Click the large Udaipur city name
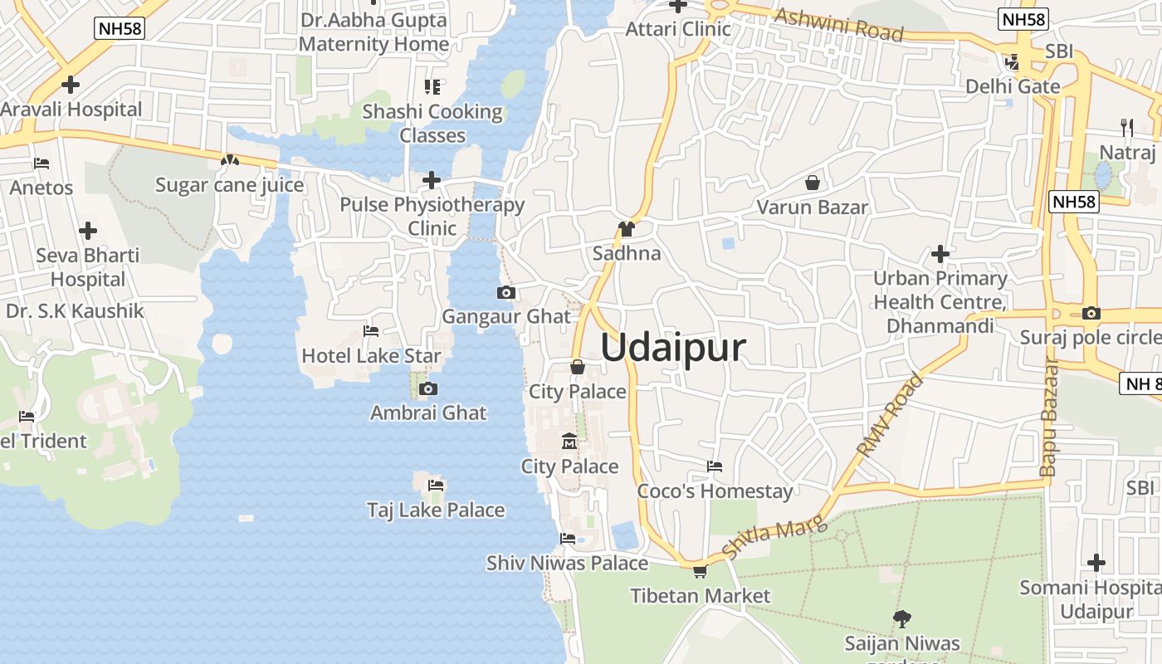[673, 348]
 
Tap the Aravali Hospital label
[71, 109]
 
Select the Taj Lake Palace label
[436, 510]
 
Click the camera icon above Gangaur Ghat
[505, 292]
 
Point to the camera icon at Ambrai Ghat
[428, 388]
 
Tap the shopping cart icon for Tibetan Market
[700, 571]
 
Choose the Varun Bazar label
[812, 207]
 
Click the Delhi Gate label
[1013, 86]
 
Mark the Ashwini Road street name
[838, 25]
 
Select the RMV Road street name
[890, 415]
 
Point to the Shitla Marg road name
[775, 536]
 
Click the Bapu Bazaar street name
[1048, 419]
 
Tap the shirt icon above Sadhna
[626, 229]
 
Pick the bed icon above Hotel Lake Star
[371, 331]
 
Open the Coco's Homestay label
[715, 491]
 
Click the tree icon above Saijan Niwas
[901, 618]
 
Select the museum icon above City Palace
[569, 441]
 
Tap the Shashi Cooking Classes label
[432, 123]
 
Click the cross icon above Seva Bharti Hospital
[88, 231]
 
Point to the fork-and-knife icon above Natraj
[1126, 127]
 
